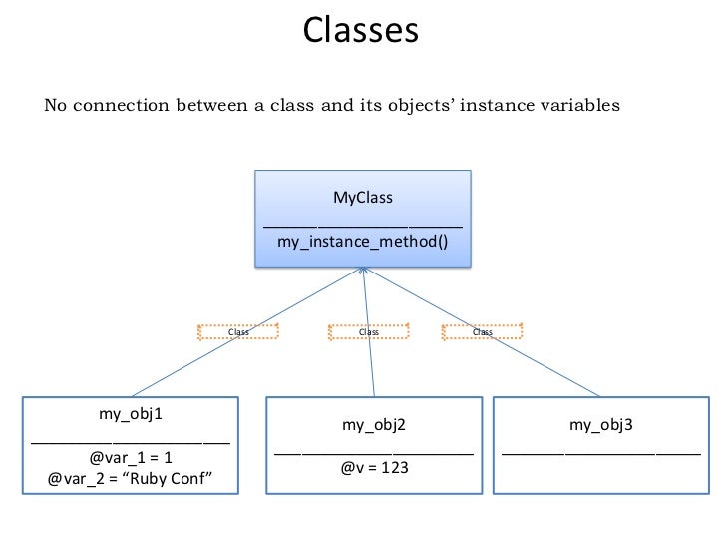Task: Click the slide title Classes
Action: (x=361, y=30)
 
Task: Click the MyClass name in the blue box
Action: (x=362, y=197)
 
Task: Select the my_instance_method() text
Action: (x=362, y=242)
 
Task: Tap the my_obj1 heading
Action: (x=131, y=413)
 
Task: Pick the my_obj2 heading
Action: (x=373, y=424)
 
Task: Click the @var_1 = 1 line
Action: (x=131, y=458)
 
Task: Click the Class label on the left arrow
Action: (x=238, y=332)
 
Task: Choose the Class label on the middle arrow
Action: (x=368, y=332)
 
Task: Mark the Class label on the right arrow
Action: (x=482, y=332)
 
